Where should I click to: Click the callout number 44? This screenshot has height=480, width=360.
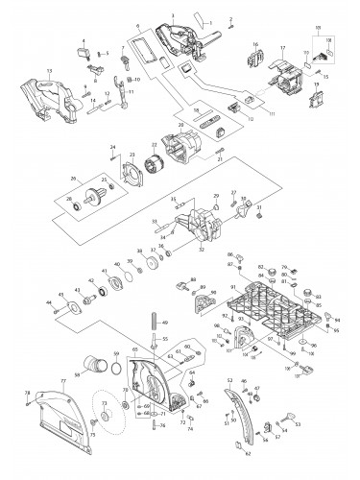pos(49,303)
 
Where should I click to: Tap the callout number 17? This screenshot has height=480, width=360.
pos(282,47)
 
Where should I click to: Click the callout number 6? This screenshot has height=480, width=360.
pos(138,23)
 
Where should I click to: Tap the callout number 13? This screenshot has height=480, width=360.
pos(21,72)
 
